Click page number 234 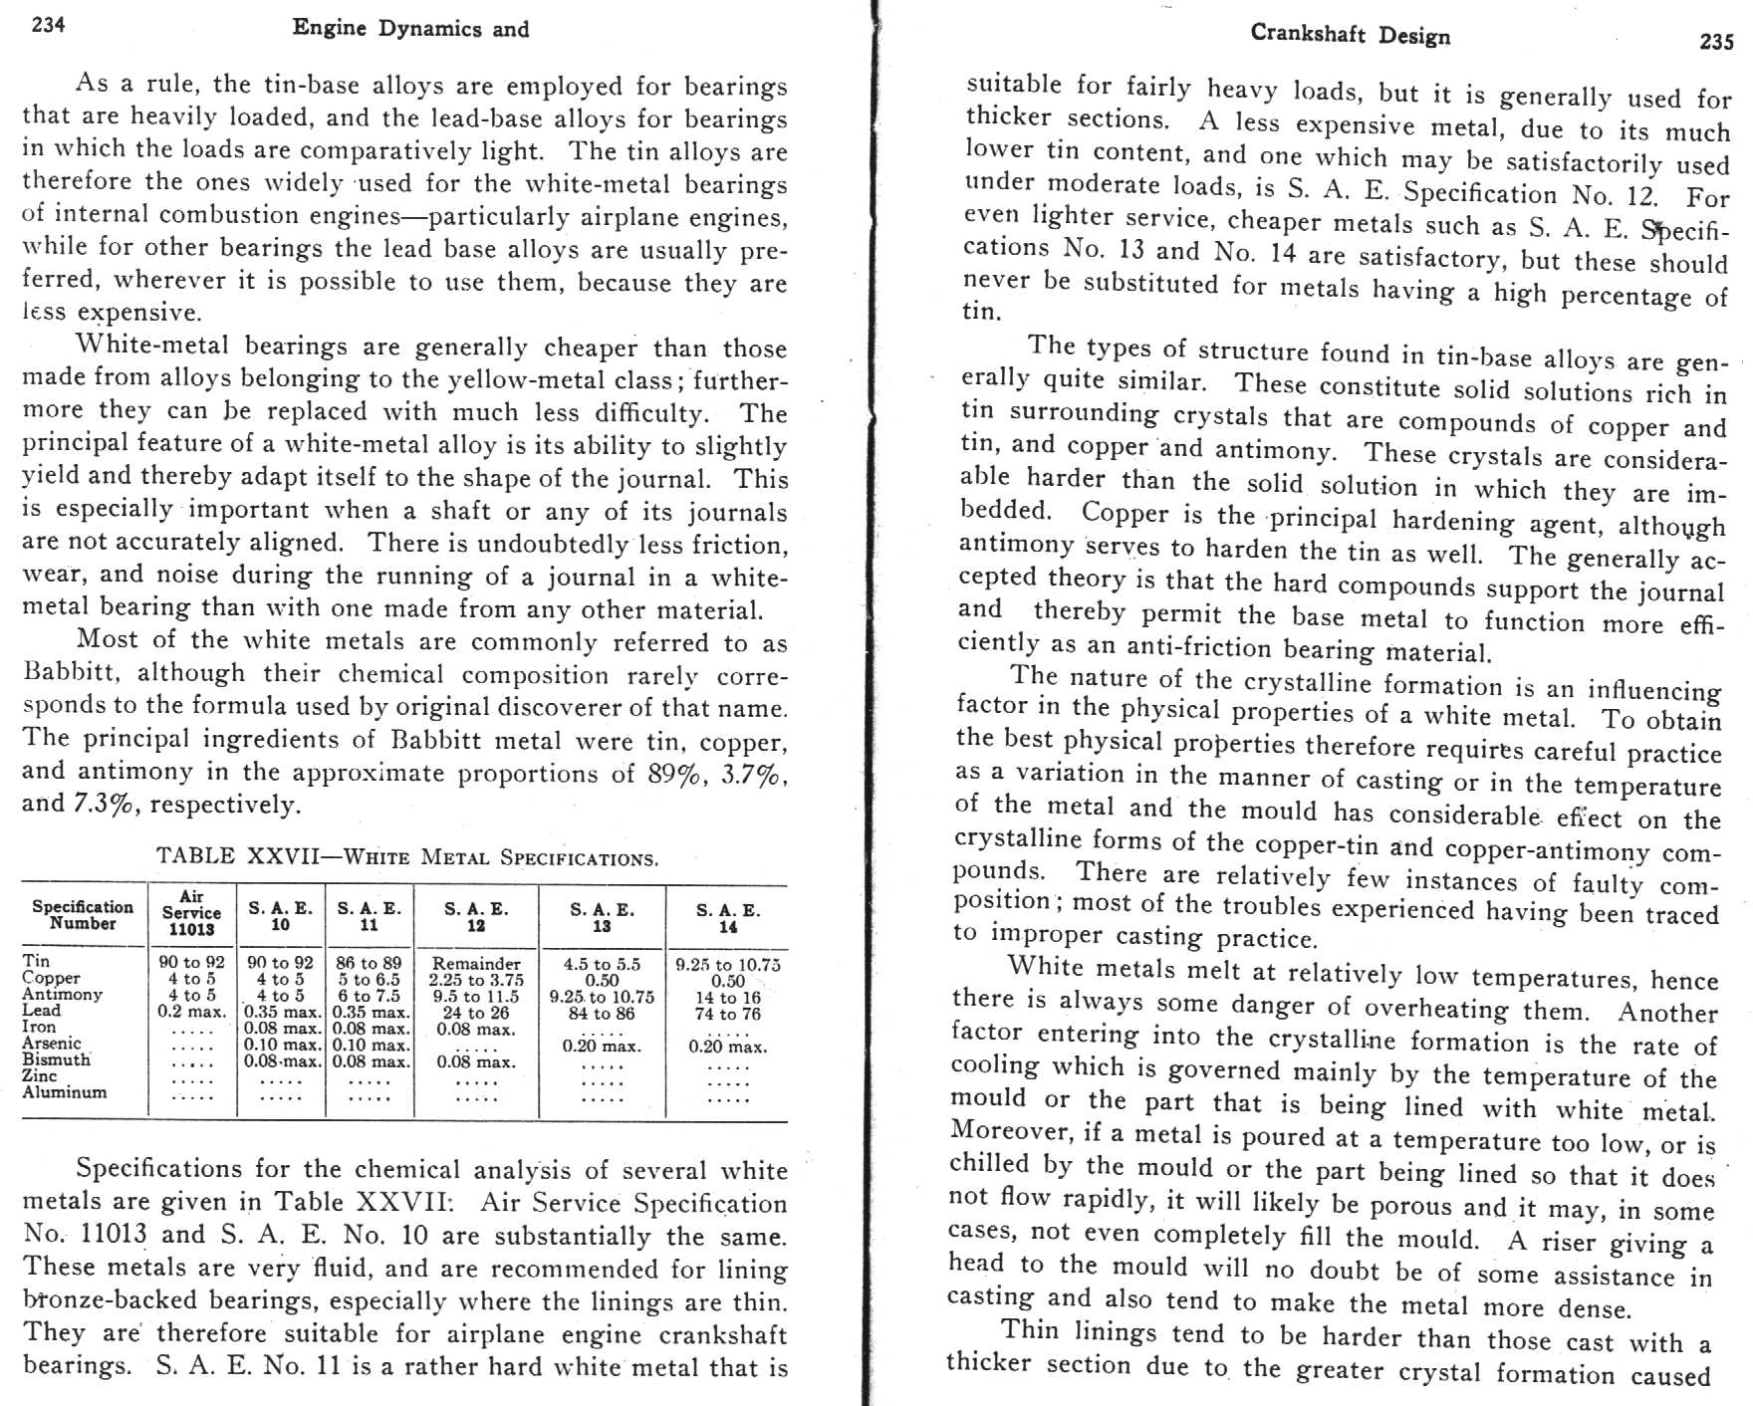(49, 25)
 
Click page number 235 (1716, 42)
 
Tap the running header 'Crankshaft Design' (1350, 35)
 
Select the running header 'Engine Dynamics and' (410, 29)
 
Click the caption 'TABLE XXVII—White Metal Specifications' (406, 857)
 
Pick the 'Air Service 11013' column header (191, 913)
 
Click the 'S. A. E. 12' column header (476, 917)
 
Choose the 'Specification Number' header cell (83, 915)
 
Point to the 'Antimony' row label (62, 994)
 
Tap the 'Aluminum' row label (65, 1092)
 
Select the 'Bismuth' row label (56, 1059)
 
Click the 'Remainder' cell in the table (476, 964)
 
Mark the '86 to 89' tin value (369, 963)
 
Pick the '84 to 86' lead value (602, 1014)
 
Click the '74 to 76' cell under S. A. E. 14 (728, 1014)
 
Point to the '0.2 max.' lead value (191, 1012)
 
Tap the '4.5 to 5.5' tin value (602, 964)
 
